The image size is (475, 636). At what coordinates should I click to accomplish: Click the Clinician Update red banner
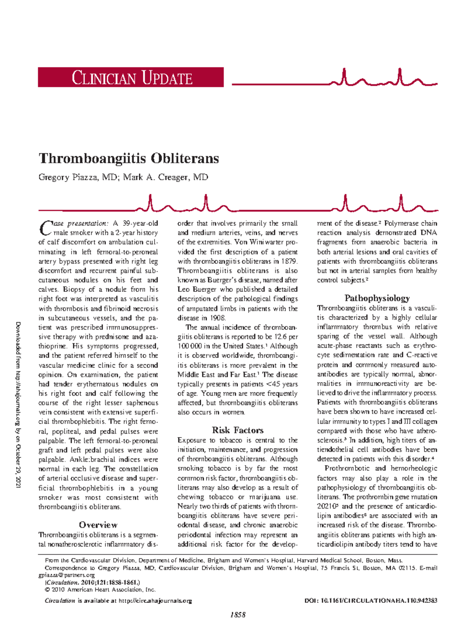(x=131, y=77)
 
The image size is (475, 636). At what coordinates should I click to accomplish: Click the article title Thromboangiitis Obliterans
(x=129, y=158)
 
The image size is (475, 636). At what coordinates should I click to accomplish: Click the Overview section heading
(x=98, y=525)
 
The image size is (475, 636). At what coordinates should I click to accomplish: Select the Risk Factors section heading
(x=237, y=430)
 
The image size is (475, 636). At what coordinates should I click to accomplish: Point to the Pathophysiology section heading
(x=377, y=298)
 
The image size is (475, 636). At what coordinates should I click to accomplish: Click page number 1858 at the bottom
(x=238, y=615)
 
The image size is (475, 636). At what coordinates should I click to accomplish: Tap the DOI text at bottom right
(x=371, y=601)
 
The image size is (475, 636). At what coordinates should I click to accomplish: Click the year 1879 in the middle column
(x=289, y=261)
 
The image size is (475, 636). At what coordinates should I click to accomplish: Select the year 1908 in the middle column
(x=217, y=318)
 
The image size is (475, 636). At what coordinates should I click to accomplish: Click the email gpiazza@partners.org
(x=66, y=575)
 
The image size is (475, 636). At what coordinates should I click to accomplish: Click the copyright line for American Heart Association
(x=101, y=590)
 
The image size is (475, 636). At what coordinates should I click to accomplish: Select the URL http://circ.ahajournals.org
(x=155, y=601)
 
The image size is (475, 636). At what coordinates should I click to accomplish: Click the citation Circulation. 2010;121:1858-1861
(x=93, y=583)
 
